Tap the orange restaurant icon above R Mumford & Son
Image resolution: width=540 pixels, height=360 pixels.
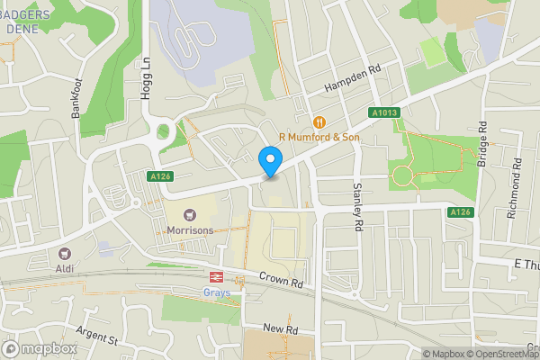pyautogui.click(x=319, y=121)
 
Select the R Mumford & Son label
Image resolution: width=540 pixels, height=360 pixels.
pyautogui.click(x=319, y=137)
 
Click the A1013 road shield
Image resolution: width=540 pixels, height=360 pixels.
pyautogui.click(x=383, y=112)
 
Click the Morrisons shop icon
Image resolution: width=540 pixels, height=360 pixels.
pyautogui.click(x=190, y=215)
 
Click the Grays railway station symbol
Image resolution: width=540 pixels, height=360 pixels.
pyautogui.click(x=216, y=277)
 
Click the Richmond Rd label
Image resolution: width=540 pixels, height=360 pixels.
pyautogui.click(x=517, y=181)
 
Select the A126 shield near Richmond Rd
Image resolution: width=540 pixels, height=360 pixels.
pyautogui.click(x=460, y=211)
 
